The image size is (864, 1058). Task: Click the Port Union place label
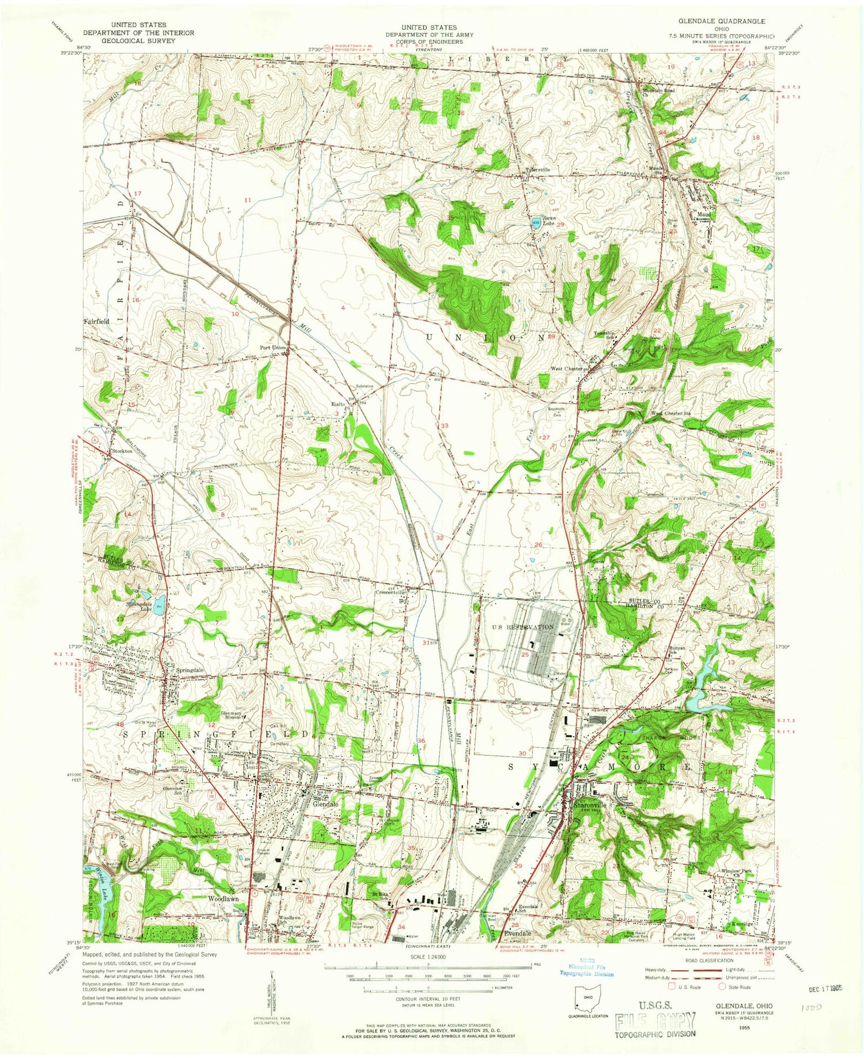272,348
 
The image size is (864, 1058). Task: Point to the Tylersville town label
538,170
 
